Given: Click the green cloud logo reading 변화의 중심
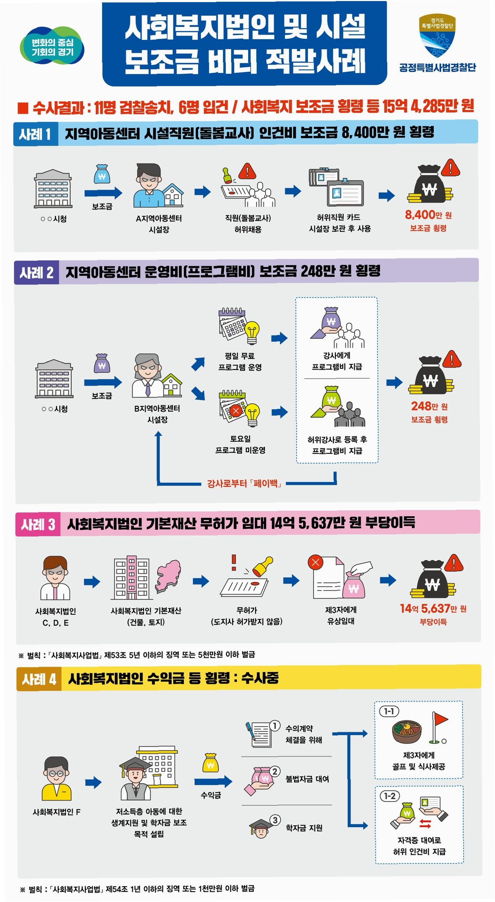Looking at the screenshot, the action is click(x=53, y=47).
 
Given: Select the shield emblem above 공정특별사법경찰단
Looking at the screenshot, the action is click(x=437, y=35).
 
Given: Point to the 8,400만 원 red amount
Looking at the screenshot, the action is click(x=428, y=215).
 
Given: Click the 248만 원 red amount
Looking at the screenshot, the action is click(x=429, y=406).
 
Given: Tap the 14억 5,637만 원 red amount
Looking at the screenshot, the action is click(x=433, y=608).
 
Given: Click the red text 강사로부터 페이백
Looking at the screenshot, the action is click(x=244, y=484).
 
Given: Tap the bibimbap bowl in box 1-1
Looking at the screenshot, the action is click(x=406, y=731).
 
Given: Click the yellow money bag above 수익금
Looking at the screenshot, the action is click(x=210, y=762).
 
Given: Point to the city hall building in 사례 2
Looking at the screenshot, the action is click(x=54, y=379).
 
